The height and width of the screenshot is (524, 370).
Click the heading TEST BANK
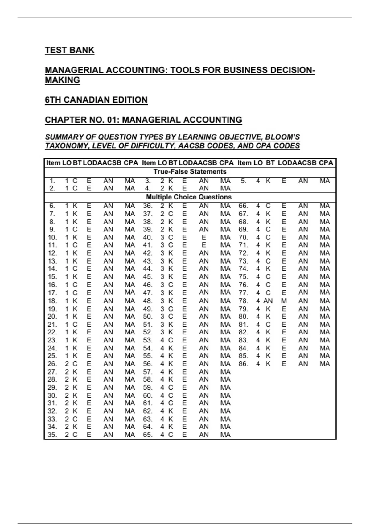coord(69,50)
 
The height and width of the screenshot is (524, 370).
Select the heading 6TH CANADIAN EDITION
coord(96,100)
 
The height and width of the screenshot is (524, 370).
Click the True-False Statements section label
coord(190,172)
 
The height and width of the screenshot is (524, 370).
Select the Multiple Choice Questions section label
coord(189,197)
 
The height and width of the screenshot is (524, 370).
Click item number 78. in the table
coord(243,301)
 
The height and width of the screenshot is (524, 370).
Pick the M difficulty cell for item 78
coord(284,301)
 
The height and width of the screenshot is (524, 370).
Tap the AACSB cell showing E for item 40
coord(203,238)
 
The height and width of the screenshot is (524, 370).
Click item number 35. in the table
coord(52,435)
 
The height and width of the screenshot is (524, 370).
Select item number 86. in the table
coord(243,364)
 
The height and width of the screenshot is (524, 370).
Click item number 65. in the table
coord(148,435)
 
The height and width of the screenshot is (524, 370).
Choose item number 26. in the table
coord(52,364)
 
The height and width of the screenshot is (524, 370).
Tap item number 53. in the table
coord(148,340)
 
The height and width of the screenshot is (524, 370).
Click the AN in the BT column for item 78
coord(268,301)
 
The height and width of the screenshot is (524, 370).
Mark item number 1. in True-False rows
coord(52,181)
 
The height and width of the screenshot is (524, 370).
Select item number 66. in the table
coord(243,206)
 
